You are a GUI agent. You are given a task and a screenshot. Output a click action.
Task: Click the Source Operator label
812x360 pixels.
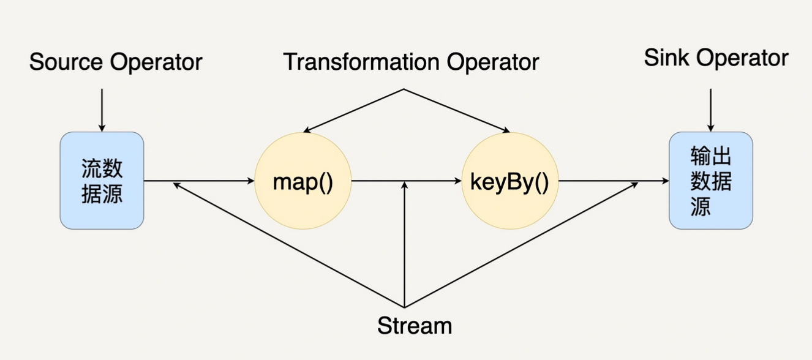click(x=116, y=62)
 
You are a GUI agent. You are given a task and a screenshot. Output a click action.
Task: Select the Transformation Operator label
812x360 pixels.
click(x=410, y=62)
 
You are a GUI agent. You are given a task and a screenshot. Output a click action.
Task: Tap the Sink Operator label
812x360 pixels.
click(x=716, y=58)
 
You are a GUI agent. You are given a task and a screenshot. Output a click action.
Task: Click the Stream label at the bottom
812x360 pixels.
click(x=415, y=325)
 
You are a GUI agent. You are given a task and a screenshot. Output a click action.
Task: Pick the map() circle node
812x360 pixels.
click(x=303, y=181)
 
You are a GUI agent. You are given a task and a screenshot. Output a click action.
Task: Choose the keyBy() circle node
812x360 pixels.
click(x=509, y=181)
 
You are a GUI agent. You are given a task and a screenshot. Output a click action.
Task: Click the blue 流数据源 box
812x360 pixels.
click(x=102, y=181)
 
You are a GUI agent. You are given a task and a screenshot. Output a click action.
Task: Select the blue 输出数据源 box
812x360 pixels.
click(x=710, y=181)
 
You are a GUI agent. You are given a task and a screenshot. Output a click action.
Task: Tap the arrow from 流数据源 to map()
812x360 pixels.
click(x=199, y=181)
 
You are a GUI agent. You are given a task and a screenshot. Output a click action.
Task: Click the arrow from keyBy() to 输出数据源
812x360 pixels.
click(x=612, y=181)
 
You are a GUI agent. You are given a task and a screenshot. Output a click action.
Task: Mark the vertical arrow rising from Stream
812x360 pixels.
click(x=404, y=245)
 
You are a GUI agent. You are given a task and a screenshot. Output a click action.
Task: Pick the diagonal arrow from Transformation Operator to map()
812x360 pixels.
click(x=353, y=111)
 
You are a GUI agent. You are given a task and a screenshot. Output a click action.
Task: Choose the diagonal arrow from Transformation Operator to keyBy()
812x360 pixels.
click(x=457, y=111)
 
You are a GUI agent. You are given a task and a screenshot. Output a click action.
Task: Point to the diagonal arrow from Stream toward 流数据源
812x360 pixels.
click(x=288, y=245)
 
